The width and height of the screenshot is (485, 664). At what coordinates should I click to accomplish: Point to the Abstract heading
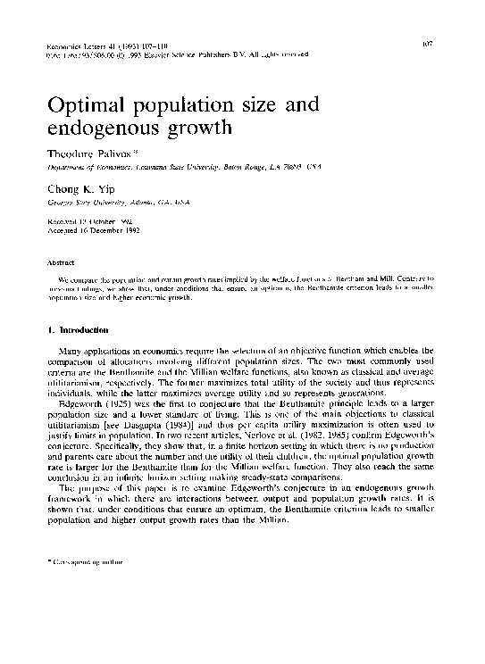(x=57, y=262)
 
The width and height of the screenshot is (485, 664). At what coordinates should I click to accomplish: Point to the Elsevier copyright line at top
(x=179, y=54)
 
